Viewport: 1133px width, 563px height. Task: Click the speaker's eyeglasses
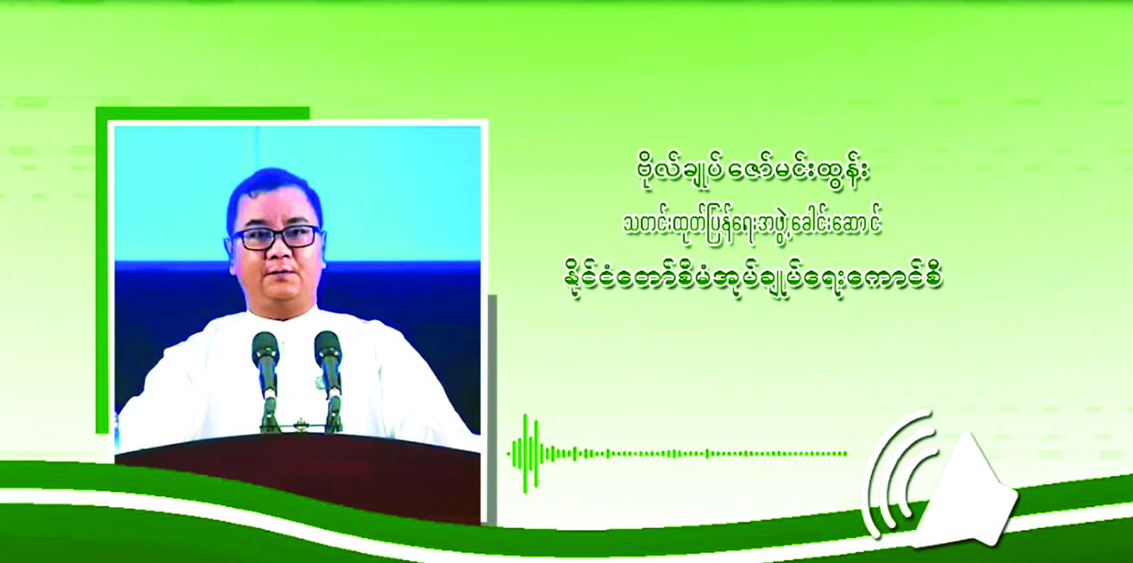point(277,237)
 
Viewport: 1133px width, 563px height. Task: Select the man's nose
point(279,253)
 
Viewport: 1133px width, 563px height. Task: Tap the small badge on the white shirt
point(319,382)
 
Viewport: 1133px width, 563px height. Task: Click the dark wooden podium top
point(298,477)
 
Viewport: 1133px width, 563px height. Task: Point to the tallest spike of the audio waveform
point(525,453)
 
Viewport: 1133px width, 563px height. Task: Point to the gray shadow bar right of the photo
point(492,410)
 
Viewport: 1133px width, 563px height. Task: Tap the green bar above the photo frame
point(203,113)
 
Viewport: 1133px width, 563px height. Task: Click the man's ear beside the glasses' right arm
point(229,248)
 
